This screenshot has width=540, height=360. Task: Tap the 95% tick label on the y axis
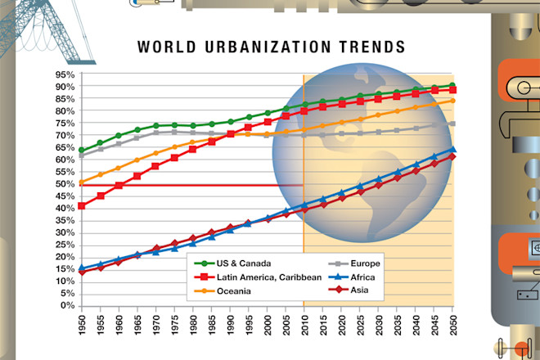click(65, 74)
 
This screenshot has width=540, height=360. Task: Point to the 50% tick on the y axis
click(65, 184)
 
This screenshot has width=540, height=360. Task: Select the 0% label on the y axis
click(69, 306)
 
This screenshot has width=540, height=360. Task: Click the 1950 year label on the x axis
click(82, 325)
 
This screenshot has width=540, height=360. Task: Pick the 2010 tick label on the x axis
click(304, 325)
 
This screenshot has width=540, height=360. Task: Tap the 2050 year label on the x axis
click(452, 325)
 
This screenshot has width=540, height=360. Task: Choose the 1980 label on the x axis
click(192, 325)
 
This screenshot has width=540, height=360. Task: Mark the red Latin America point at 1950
click(82, 206)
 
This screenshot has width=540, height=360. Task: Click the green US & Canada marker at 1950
click(82, 151)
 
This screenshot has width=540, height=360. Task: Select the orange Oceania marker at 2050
click(452, 101)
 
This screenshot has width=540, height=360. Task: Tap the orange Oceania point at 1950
click(82, 182)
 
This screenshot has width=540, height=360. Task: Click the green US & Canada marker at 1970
click(155, 126)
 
